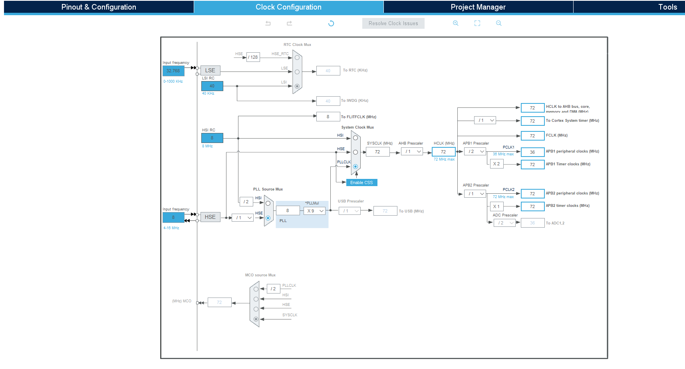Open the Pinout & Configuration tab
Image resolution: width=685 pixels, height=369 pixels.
pos(99,7)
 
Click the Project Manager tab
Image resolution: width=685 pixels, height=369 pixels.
pos(478,7)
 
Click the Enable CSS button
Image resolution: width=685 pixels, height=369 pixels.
pos(361,183)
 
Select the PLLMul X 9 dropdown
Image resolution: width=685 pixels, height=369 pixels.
pos(315,211)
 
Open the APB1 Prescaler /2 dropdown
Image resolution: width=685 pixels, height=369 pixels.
pos(475,151)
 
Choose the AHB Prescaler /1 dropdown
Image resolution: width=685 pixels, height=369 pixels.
pos(412,151)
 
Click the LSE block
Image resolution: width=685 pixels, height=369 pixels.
pos(210,70)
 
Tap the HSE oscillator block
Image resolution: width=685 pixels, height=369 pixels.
pos(210,217)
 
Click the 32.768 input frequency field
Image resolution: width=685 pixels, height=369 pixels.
pos(173,71)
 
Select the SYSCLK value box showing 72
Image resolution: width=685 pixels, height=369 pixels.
pos(377,152)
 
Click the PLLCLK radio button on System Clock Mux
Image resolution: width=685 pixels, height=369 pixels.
pos(355,167)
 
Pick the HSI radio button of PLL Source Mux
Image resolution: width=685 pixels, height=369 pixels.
pos(268,203)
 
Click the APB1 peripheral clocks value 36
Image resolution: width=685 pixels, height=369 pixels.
pos(532,152)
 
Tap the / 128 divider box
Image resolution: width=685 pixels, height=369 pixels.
pos(253,57)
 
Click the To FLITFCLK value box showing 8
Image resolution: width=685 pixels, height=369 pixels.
pos(328,117)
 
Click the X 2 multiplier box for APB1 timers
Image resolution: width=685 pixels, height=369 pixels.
pos(496,164)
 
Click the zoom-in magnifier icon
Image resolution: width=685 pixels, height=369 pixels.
pos(455,23)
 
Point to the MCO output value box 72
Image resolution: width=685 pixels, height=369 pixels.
pos(219,302)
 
